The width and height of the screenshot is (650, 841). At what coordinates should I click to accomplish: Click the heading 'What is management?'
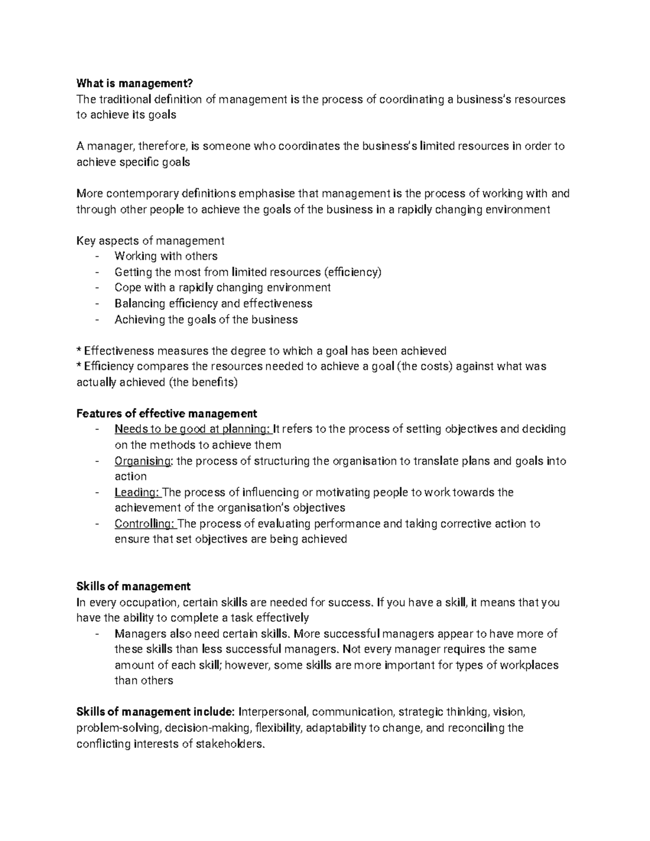(134, 83)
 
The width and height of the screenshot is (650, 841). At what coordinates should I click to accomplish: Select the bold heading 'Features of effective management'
(167, 414)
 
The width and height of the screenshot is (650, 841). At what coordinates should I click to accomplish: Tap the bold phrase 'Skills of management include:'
(156, 712)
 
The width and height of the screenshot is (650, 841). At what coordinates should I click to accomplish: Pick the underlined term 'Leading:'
(138, 492)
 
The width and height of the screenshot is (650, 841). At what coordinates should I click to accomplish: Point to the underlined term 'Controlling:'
(145, 524)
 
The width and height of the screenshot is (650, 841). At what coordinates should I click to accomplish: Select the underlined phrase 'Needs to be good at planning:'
(193, 429)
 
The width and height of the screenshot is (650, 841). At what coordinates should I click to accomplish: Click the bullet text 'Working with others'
(166, 256)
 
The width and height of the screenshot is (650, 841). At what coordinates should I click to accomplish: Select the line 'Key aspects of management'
(150, 241)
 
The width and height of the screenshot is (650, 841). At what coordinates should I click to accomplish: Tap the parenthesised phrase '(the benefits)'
(203, 382)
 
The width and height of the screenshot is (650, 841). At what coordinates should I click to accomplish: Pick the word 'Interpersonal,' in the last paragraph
(274, 712)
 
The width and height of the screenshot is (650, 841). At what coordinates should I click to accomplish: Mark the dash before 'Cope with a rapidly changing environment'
(97, 288)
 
